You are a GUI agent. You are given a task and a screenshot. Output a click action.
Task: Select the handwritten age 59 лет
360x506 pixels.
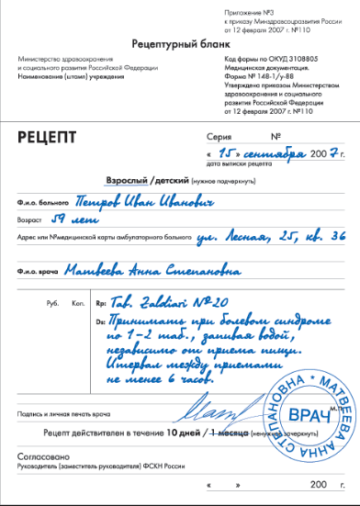(x=69, y=219)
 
